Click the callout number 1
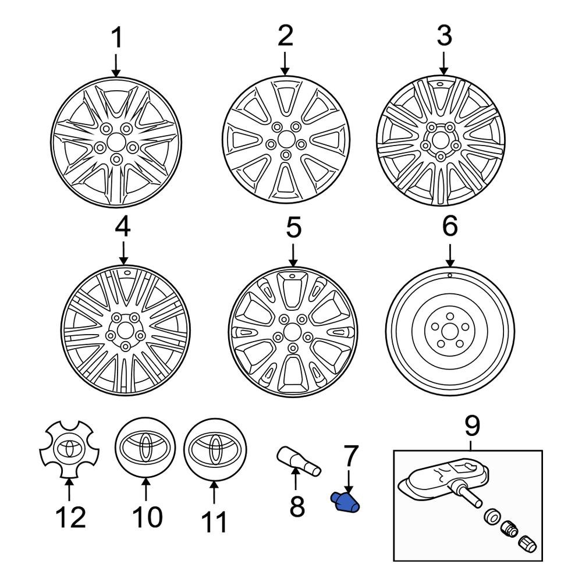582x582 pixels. click(117, 38)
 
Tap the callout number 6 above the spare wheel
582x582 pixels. click(449, 226)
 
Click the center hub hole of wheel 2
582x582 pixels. click(285, 140)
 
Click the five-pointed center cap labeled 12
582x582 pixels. click(69, 449)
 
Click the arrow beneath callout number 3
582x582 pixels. click(443, 62)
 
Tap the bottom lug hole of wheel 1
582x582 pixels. click(116, 158)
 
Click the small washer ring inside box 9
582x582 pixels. click(491, 515)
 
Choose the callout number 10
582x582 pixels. click(146, 516)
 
